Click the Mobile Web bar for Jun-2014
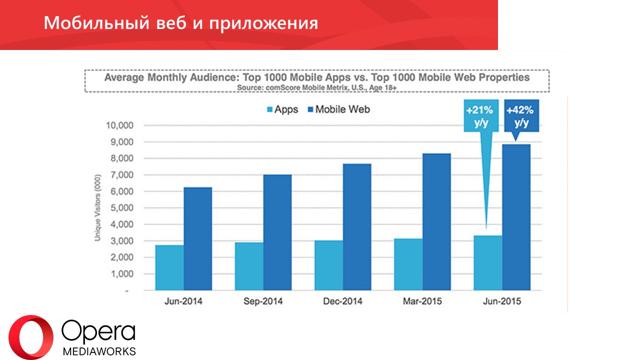pyautogui.click(x=197, y=239)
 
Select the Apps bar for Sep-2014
pyautogui.click(x=248, y=266)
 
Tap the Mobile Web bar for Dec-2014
pyautogui.click(x=356, y=227)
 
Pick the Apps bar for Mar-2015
pyautogui.click(x=408, y=264)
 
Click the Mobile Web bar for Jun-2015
pyautogui.click(x=516, y=217)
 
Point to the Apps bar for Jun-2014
pyautogui.click(x=169, y=267)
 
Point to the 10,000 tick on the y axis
pyautogui.click(x=119, y=125)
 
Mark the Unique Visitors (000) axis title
pyautogui.click(x=98, y=208)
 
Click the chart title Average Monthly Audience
pyautogui.click(x=316, y=78)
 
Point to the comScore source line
pyautogui.click(x=316, y=87)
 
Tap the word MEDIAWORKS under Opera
pyautogui.click(x=99, y=351)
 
